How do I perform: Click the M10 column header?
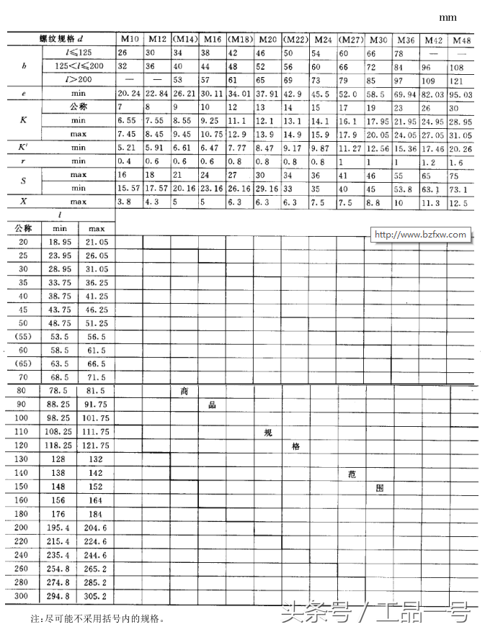coord(130,38)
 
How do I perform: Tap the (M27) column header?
coord(351,39)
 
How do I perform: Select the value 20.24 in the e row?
coord(130,94)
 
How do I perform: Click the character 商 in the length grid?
coord(184,391)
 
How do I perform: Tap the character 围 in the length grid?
coord(379,487)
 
